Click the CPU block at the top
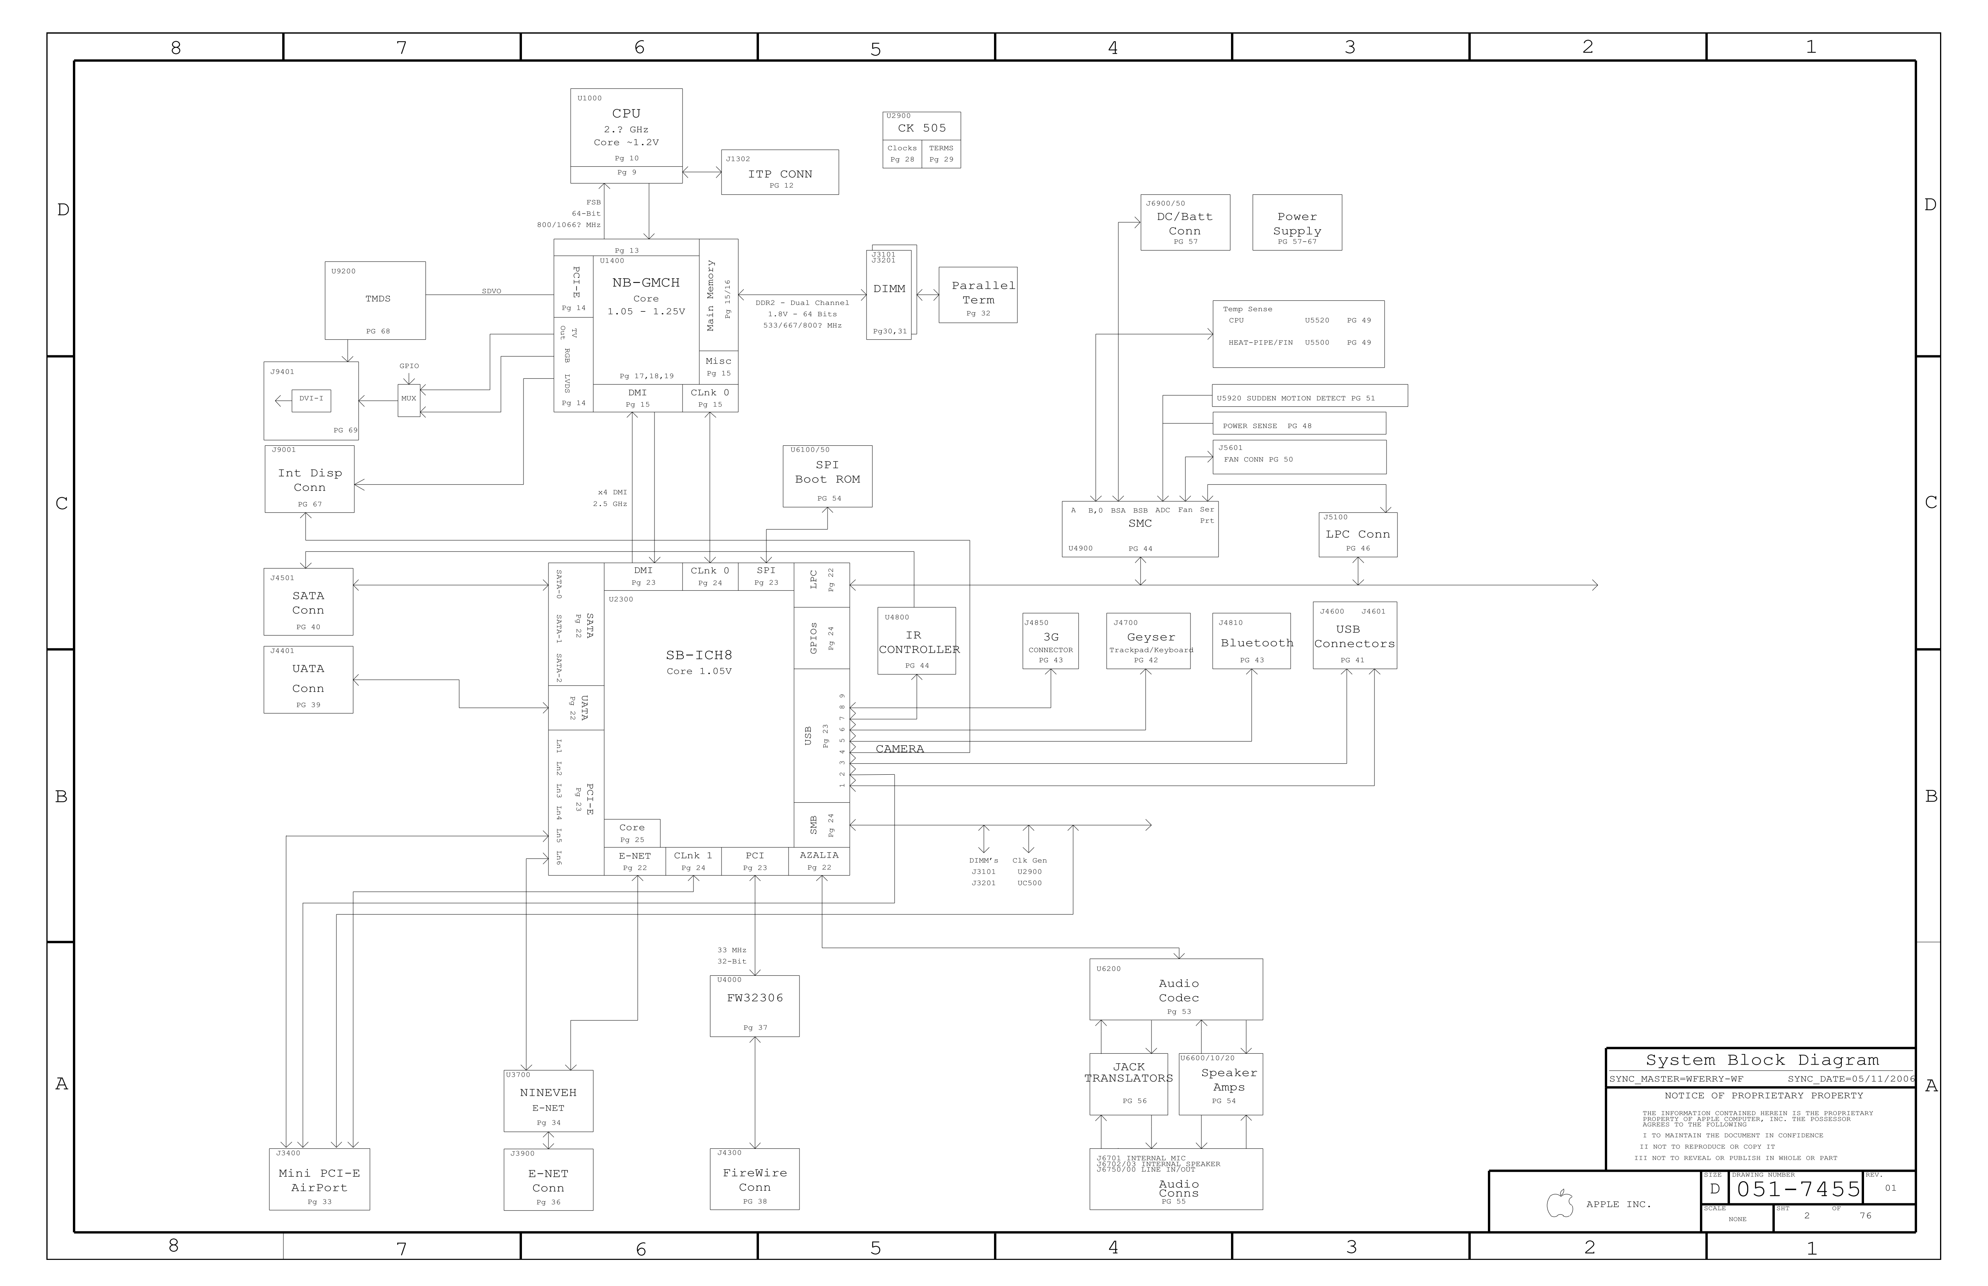(626, 135)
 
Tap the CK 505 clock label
(922, 128)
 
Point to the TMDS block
(375, 300)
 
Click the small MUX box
(409, 400)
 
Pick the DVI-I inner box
(311, 400)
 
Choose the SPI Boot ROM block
(827, 476)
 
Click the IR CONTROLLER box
(916, 641)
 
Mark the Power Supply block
(1296, 223)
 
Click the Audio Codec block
(1176, 989)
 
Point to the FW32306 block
(754, 1006)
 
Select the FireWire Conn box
(754, 1179)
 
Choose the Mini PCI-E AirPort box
(319, 1179)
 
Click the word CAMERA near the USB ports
(900, 749)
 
